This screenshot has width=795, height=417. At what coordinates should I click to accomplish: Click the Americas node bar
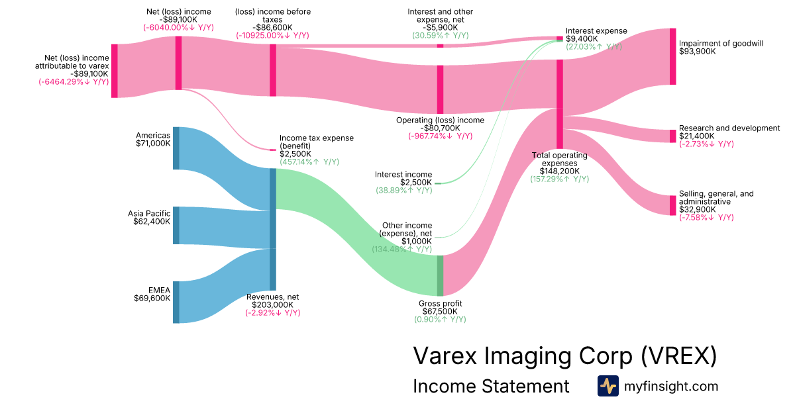tap(176, 148)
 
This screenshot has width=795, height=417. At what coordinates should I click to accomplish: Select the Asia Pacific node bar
tap(176, 225)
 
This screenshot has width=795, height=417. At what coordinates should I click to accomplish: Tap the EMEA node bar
tap(176, 302)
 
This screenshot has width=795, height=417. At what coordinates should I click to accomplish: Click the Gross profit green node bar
tap(440, 275)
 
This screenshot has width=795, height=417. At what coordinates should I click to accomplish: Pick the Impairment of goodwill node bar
tap(672, 56)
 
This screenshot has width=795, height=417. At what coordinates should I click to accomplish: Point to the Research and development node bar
tap(672, 136)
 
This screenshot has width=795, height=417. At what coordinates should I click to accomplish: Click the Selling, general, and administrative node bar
tap(672, 205)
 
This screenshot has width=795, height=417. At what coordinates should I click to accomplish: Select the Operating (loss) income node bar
tap(440, 89)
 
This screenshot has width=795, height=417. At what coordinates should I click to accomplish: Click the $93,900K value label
tap(697, 52)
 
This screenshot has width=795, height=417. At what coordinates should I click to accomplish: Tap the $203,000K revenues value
tap(273, 304)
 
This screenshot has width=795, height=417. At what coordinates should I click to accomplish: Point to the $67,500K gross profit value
tap(440, 311)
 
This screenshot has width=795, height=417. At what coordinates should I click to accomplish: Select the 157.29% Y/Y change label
tap(559, 179)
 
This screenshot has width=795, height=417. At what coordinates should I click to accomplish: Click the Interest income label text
tap(403, 175)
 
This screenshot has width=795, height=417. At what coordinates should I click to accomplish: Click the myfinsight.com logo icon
tap(608, 386)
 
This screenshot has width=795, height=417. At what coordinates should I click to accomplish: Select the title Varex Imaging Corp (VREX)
tap(564, 355)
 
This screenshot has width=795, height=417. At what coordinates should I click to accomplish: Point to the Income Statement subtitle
tap(490, 386)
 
